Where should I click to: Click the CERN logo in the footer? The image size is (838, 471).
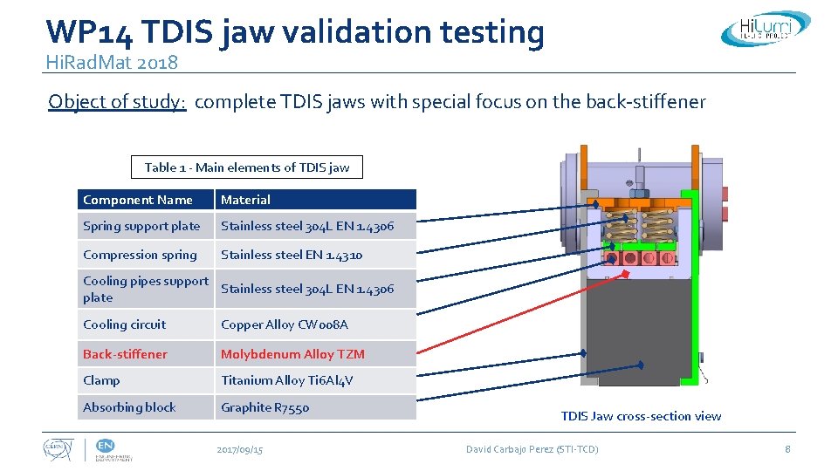59,449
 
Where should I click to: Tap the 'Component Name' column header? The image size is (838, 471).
138,200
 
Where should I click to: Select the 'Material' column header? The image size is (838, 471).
245,200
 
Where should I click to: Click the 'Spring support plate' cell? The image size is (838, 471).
141,226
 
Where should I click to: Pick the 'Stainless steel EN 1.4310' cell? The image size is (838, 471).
292,255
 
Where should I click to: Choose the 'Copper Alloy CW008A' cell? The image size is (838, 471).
285,324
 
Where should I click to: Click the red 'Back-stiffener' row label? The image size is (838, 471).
125,354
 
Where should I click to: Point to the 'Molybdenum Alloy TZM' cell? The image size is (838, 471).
292,354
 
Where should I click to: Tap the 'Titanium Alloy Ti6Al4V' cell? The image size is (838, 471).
287,380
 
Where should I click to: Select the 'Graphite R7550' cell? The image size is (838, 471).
264,407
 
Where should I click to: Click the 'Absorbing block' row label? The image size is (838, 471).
129,407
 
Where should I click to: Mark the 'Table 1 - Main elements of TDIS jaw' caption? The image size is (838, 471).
247,167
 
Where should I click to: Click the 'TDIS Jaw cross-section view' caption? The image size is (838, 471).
641,416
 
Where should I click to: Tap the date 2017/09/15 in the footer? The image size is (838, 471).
239,449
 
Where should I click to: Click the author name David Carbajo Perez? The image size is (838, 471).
532,449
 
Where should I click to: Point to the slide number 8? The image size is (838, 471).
787,449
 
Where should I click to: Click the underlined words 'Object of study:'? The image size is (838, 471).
117,102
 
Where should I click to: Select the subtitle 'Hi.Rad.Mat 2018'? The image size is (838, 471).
112,62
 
